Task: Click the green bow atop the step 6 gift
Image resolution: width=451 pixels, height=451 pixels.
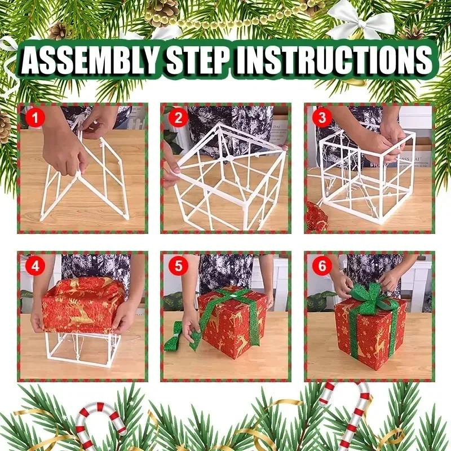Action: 368,295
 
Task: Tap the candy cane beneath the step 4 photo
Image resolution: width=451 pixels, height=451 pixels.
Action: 101,423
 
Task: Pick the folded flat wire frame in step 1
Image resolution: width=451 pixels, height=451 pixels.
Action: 85,175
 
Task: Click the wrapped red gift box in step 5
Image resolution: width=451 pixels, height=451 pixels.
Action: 231,321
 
